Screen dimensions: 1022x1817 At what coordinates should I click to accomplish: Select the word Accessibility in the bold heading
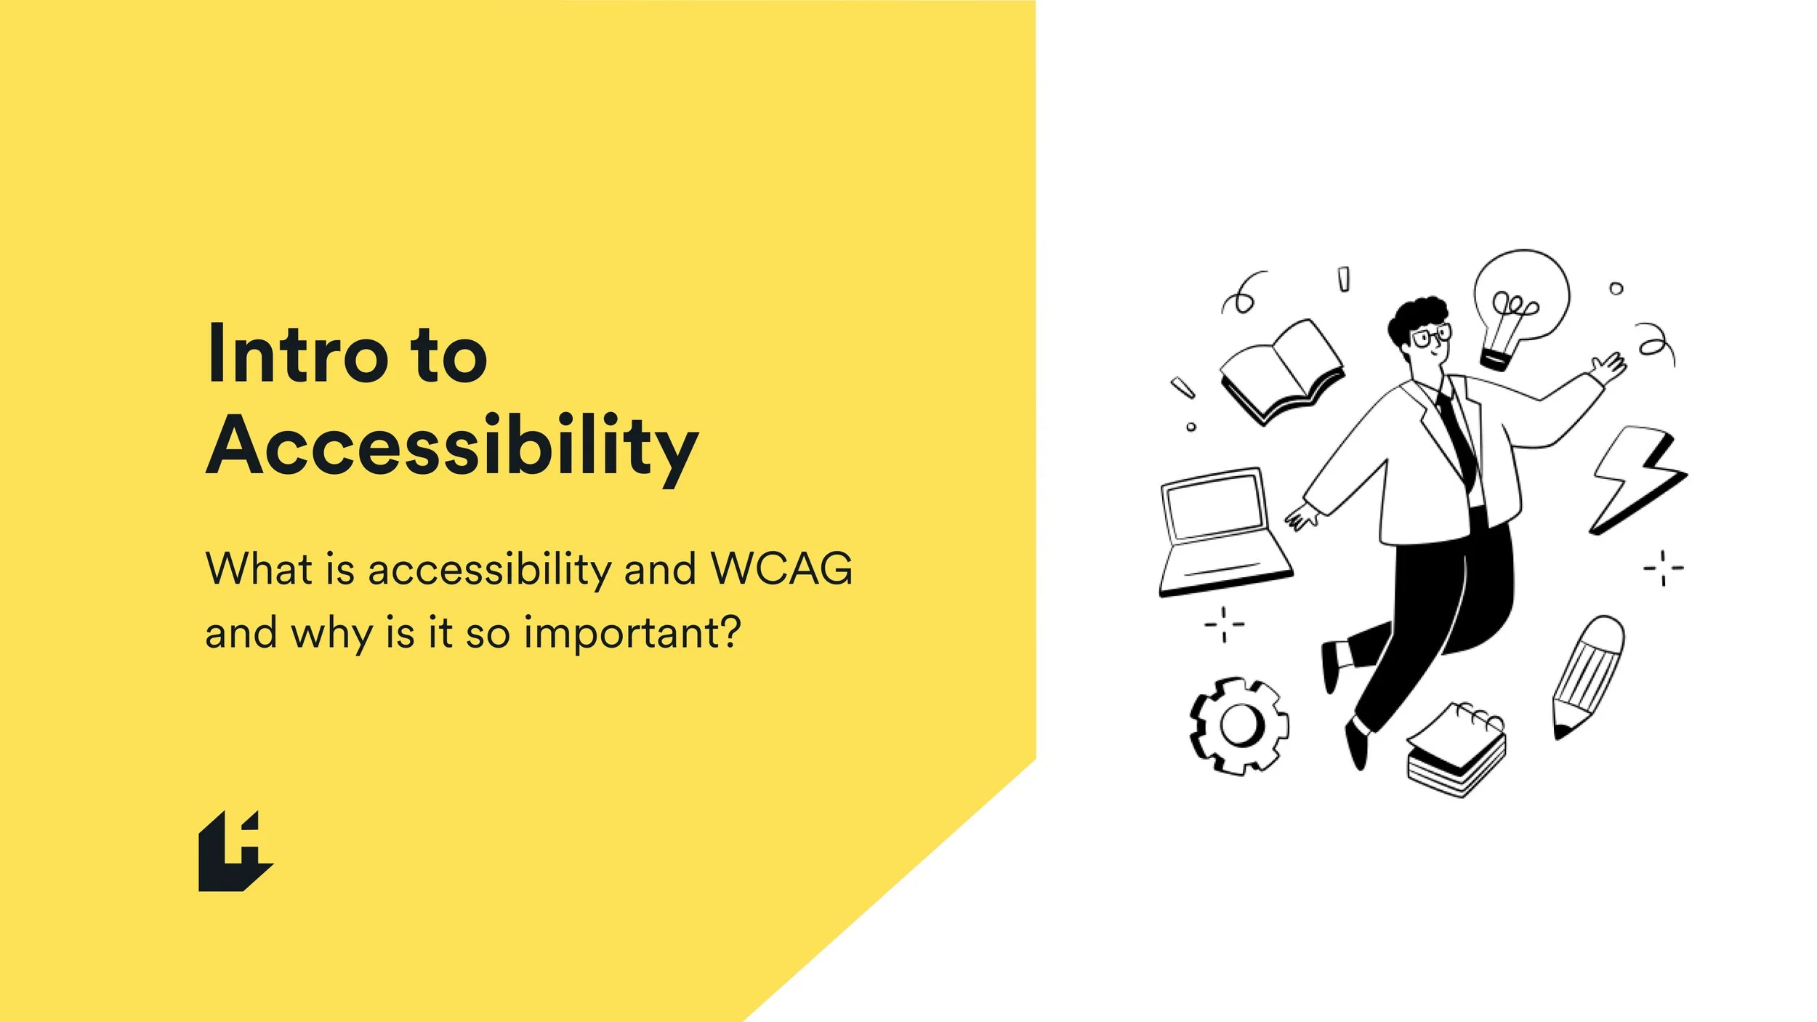click(x=452, y=446)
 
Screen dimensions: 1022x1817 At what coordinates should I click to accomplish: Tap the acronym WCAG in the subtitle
click(x=781, y=568)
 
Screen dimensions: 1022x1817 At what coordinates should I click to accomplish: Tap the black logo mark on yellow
click(x=235, y=852)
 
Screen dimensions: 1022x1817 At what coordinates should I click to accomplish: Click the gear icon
click(x=1239, y=725)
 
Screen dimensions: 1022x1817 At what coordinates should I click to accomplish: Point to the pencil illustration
click(x=1588, y=676)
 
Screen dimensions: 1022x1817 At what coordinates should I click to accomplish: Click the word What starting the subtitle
click(x=258, y=568)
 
